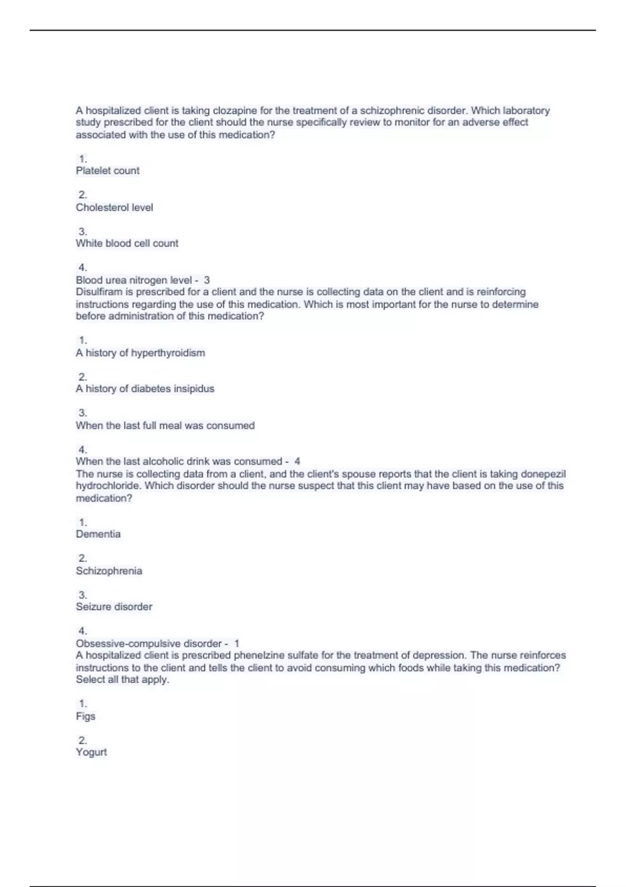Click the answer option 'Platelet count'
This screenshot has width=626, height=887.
pos(107,171)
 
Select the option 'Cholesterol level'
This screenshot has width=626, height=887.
pos(114,207)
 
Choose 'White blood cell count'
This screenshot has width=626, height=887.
pos(127,243)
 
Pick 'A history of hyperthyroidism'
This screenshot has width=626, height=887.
pos(140,353)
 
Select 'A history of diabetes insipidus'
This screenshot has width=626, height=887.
pos(145,389)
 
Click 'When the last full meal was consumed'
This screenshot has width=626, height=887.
pos(165,425)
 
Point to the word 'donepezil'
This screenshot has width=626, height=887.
pos(543,474)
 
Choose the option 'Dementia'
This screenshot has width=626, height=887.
pos(98,534)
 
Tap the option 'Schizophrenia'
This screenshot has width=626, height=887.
pos(109,571)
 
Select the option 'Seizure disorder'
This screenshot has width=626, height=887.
pos(114,607)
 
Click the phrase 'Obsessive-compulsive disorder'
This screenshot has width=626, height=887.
pos(149,643)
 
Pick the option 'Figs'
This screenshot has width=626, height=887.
pos(86,716)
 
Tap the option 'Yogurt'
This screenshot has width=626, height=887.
pos(91,752)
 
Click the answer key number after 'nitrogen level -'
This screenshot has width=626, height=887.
pos(207,280)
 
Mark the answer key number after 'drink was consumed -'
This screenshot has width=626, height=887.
pos(297,461)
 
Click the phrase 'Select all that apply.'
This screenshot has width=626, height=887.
pos(123,679)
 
